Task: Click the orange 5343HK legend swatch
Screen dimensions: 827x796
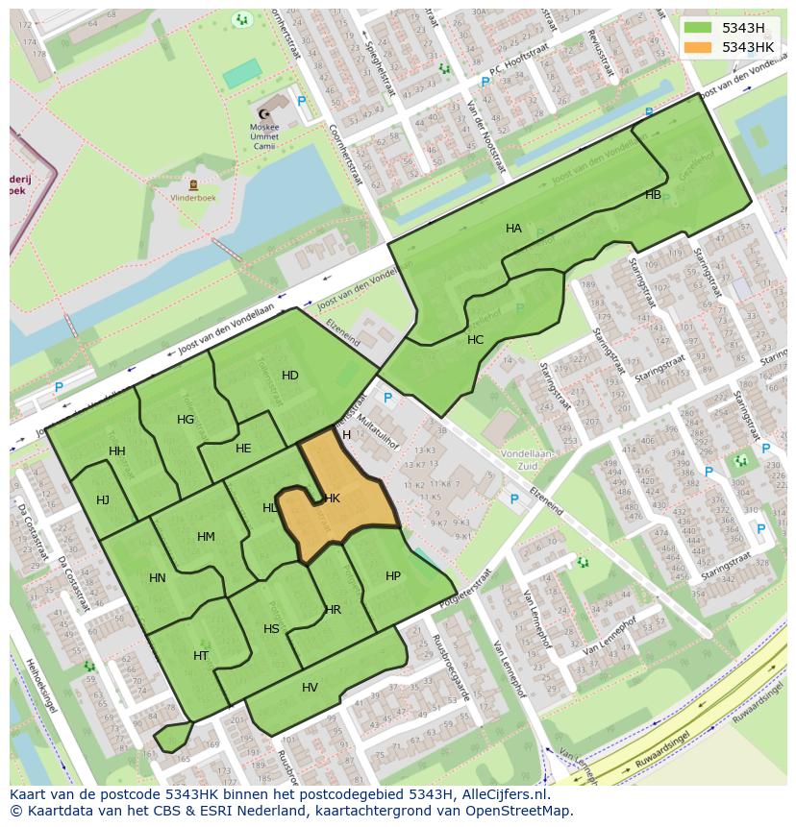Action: click(x=699, y=47)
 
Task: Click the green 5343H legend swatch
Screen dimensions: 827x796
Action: click(x=699, y=28)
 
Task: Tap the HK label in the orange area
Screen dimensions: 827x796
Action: click(x=333, y=499)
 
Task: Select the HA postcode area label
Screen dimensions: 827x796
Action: click(x=513, y=229)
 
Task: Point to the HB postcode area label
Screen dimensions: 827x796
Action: click(x=653, y=195)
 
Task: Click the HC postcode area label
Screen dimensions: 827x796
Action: click(x=475, y=340)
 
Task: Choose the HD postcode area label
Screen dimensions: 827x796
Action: click(x=289, y=375)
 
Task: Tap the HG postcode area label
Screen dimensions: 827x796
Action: click(x=186, y=420)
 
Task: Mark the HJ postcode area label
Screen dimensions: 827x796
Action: click(x=103, y=499)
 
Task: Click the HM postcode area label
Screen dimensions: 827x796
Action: click(x=206, y=537)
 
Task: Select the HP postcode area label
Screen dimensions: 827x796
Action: click(x=392, y=576)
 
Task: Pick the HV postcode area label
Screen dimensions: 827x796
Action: click(x=310, y=688)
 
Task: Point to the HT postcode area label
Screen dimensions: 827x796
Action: click(x=201, y=656)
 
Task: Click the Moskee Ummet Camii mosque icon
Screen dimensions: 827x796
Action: click(x=264, y=113)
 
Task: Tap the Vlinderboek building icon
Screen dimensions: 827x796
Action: click(x=194, y=184)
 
